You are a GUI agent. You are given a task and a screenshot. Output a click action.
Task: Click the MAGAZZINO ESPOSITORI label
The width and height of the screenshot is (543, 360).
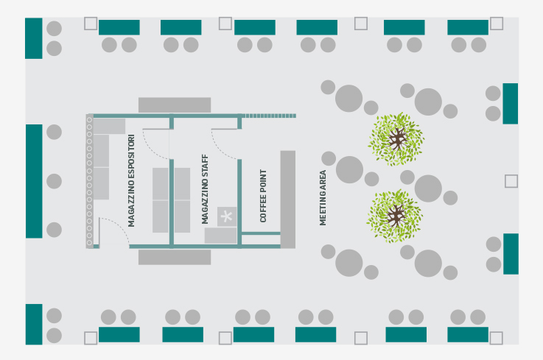click(131, 180)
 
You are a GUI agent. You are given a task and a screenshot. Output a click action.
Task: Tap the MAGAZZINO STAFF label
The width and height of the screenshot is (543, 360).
click(205, 189)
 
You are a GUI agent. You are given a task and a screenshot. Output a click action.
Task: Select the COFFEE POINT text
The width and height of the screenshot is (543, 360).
click(263, 196)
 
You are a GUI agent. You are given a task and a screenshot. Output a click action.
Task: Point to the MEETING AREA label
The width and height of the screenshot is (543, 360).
click(323, 197)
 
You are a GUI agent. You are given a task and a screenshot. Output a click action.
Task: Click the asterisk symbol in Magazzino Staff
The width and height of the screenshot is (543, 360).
click(227, 216)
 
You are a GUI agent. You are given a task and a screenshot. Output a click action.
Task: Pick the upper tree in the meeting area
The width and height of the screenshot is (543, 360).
click(396, 139)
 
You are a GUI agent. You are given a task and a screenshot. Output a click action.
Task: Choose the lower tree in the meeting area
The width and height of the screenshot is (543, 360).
click(395, 216)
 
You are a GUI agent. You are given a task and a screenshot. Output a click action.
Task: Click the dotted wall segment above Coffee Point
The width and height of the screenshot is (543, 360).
click(269, 116)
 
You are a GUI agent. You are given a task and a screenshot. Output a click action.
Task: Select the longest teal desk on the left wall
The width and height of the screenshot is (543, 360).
click(34, 181)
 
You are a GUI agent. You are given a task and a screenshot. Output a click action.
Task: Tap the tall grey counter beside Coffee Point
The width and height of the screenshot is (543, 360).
click(288, 200)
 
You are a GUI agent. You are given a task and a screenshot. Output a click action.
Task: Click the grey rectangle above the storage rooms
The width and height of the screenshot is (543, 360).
click(175, 105)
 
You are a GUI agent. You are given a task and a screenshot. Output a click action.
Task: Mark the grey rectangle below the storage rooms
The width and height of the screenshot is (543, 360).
click(175, 257)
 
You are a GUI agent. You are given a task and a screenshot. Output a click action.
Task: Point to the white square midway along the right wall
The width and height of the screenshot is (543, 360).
click(511, 181)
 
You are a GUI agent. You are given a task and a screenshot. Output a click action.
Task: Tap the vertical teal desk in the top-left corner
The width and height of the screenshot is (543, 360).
click(34, 38)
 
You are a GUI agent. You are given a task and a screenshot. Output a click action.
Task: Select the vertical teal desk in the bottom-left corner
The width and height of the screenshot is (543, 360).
click(34, 325)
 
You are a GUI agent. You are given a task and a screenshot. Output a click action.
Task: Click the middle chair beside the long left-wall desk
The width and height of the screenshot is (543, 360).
click(54, 181)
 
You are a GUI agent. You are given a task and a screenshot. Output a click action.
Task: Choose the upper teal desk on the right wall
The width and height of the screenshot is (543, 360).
click(511, 104)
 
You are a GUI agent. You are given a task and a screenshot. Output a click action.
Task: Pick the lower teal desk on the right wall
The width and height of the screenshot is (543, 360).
click(511, 254)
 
